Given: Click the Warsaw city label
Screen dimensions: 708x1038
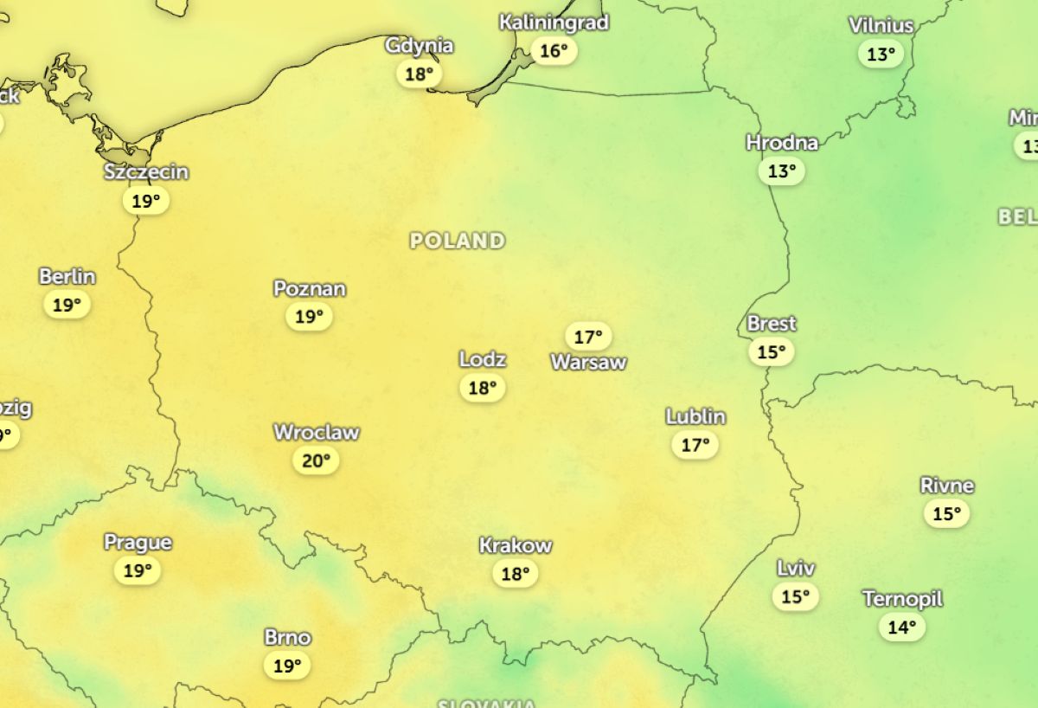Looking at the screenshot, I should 588,362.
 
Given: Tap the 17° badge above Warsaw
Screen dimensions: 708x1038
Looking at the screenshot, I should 588,336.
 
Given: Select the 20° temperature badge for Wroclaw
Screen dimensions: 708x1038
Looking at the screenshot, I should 316,460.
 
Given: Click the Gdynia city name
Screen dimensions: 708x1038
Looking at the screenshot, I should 419,46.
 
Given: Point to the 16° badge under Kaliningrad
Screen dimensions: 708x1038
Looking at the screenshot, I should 554,50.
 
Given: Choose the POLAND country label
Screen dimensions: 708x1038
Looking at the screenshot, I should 458,241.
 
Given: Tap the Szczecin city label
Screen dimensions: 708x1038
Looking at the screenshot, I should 146,172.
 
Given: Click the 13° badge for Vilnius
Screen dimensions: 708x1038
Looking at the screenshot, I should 881,54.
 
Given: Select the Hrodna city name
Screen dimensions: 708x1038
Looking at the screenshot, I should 782,143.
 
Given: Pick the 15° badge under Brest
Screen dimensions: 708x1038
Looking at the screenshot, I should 771,351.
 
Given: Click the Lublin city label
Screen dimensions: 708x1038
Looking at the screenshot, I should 695,417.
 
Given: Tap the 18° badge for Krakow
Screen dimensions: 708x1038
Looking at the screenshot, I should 516,573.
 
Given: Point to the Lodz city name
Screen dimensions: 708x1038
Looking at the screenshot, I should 483,359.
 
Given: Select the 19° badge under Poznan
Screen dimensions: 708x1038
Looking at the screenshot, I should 309,316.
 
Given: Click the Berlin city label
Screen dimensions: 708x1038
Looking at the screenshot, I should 67,277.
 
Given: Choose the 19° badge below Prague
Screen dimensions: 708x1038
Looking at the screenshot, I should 138,570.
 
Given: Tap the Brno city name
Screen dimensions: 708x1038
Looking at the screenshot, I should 287,638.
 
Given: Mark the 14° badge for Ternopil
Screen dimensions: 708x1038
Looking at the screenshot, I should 902,626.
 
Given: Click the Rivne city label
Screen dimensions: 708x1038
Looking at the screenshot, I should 947,486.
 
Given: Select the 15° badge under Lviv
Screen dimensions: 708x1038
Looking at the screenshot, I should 795,596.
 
